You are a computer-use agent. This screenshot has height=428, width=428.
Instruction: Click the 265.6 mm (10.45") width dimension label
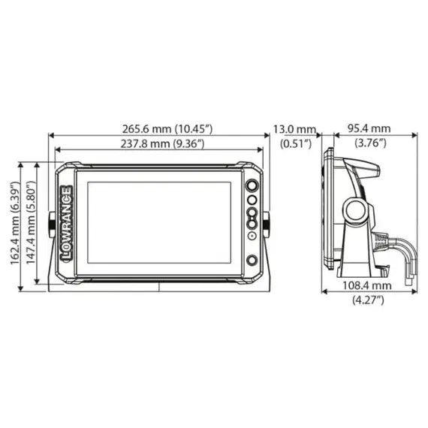pyautogui.click(x=158, y=128)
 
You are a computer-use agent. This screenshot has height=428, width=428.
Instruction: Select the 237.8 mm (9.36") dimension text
pyautogui.click(x=158, y=143)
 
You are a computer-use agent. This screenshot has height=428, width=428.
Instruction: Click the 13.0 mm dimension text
pyautogui.click(x=295, y=129)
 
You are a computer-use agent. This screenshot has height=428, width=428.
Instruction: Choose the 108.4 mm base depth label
pyautogui.click(x=369, y=286)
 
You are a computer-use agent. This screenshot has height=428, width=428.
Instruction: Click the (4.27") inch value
pyautogui.click(x=369, y=300)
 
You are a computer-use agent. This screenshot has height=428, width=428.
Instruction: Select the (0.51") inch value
pyautogui.click(x=295, y=143)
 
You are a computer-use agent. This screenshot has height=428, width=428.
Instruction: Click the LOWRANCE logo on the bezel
pyautogui.click(x=66, y=222)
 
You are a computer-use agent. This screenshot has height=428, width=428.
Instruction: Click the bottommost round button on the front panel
pyautogui.click(x=252, y=260)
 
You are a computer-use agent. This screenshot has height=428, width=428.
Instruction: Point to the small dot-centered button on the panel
pyautogui.click(x=252, y=235)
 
